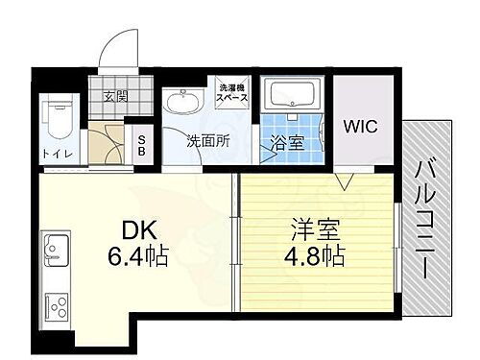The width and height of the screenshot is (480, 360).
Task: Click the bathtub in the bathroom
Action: (297, 96)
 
